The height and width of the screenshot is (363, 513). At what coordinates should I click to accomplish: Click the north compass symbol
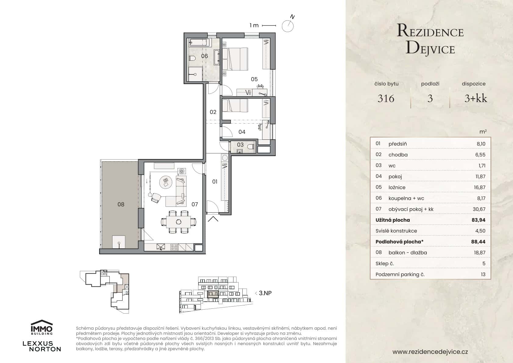(x=287, y=26)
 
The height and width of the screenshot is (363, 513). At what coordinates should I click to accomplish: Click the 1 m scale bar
(x=269, y=25)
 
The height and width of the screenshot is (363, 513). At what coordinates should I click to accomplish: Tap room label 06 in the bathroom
(x=205, y=56)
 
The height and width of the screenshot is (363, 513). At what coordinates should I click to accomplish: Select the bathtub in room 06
(x=198, y=42)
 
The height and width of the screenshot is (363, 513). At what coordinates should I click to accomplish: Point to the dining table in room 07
(x=178, y=222)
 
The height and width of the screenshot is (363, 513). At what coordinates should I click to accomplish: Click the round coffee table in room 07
(x=166, y=182)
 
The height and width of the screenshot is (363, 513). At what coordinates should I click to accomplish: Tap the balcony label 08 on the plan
(x=121, y=204)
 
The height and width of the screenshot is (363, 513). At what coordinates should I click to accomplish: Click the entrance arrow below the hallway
(x=213, y=218)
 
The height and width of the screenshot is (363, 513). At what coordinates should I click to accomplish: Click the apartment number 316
(x=386, y=99)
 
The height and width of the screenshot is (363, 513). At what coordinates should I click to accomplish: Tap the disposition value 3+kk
(x=476, y=99)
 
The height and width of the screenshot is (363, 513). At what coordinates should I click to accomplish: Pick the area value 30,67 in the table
(x=480, y=209)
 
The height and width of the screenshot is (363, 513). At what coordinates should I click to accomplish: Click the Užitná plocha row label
(x=393, y=220)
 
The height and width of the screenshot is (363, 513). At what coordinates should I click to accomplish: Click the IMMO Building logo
(x=42, y=327)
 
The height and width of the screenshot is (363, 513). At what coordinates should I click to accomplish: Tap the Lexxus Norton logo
(x=42, y=346)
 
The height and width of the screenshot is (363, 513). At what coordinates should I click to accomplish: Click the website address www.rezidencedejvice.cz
(x=430, y=352)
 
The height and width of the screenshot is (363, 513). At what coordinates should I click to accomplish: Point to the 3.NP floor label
(x=265, y=293)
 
